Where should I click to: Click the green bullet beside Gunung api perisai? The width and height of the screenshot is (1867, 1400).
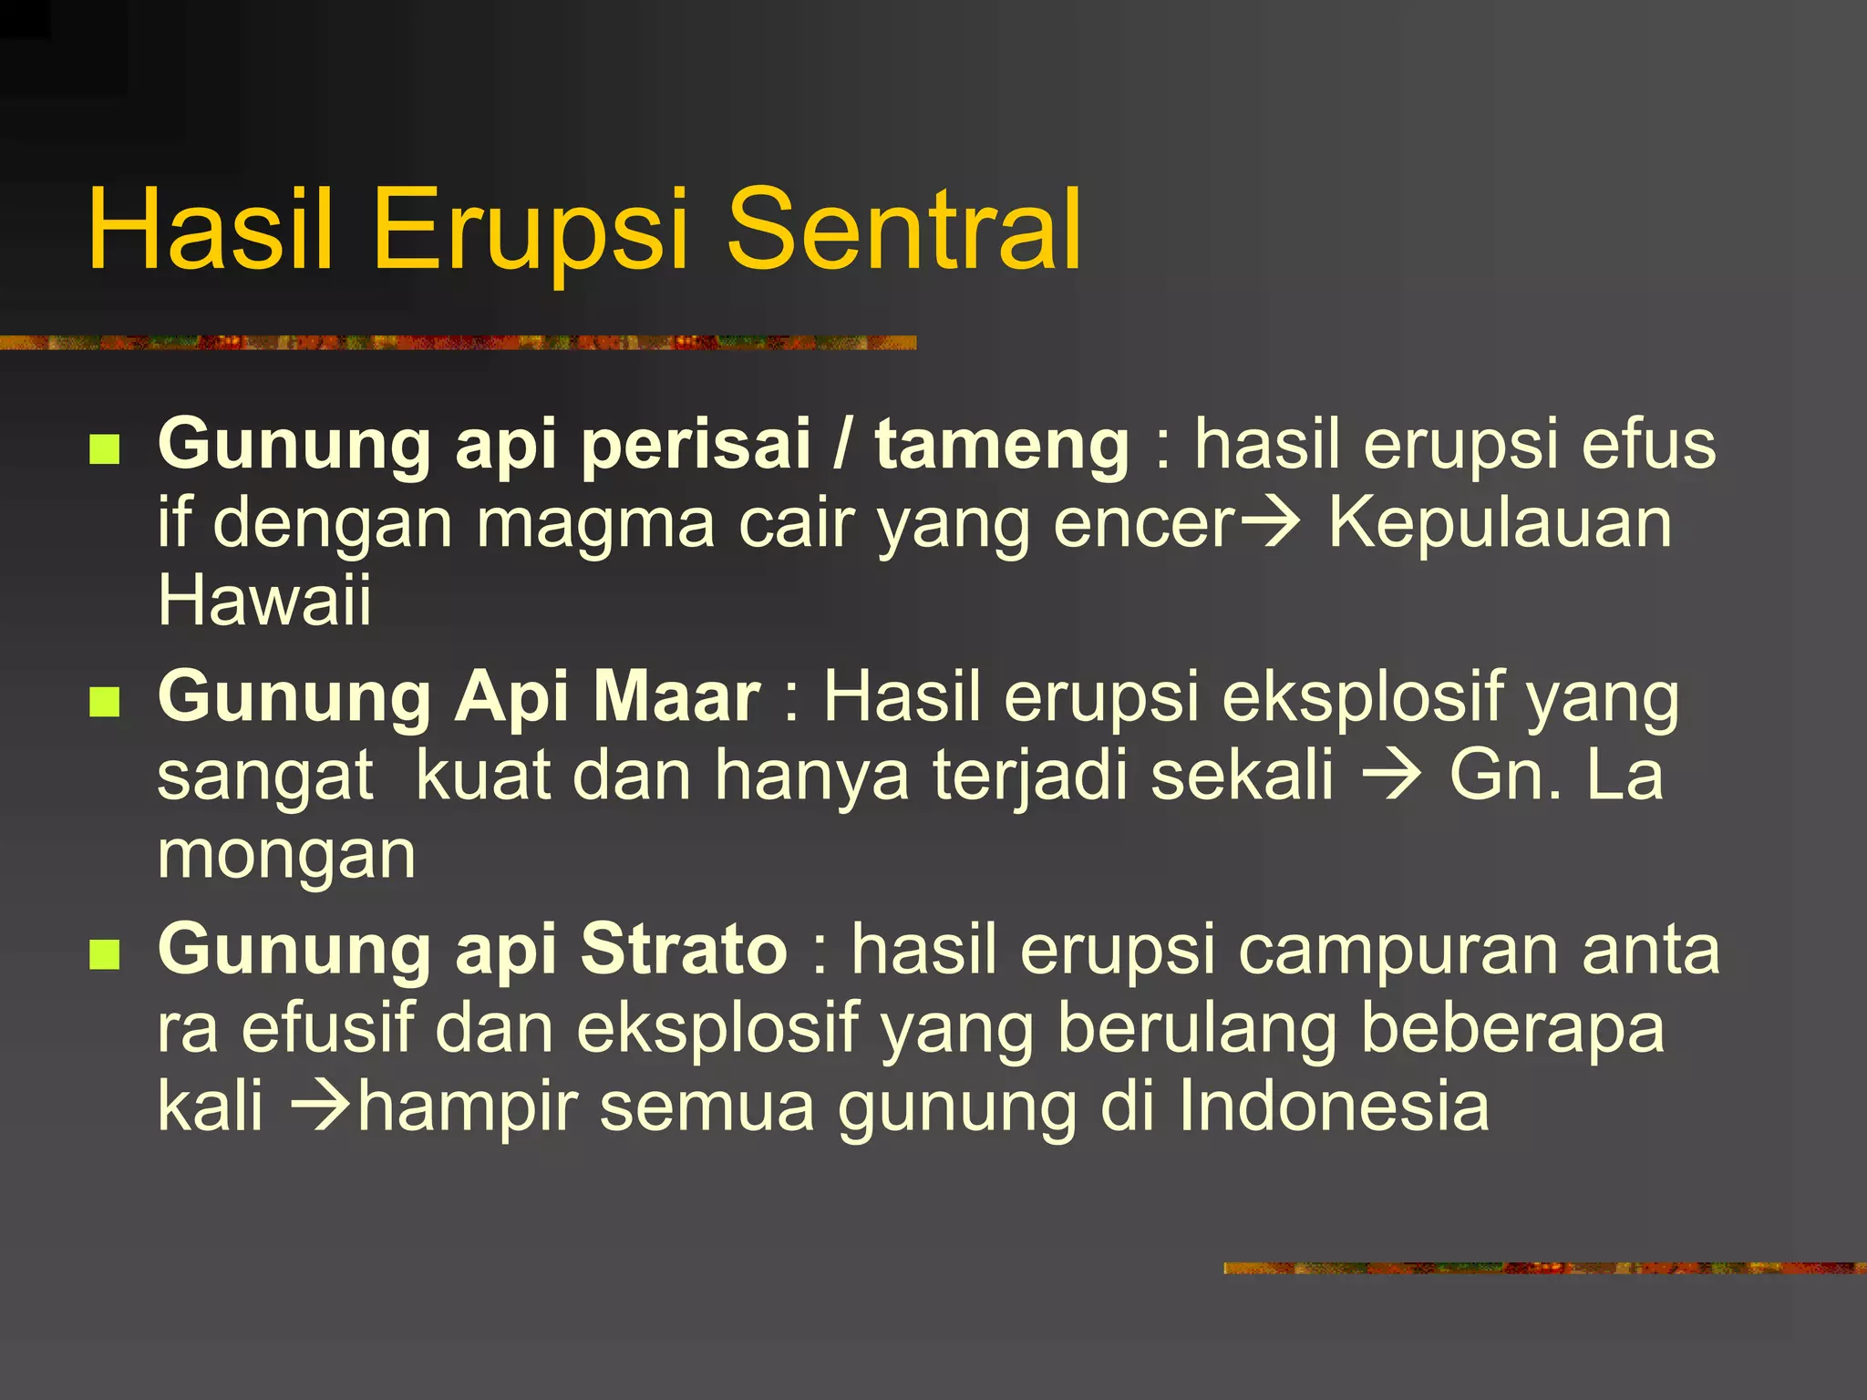[x=106, y=448]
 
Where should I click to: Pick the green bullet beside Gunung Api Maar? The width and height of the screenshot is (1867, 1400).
[x=106, y=702]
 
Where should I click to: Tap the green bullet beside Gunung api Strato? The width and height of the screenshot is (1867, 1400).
[x=106, y=954]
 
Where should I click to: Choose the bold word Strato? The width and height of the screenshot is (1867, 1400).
[x=684, y=950]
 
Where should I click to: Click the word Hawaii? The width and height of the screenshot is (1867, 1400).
[x=264, y=602]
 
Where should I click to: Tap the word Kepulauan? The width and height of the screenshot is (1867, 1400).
[x=1500, y=524]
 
